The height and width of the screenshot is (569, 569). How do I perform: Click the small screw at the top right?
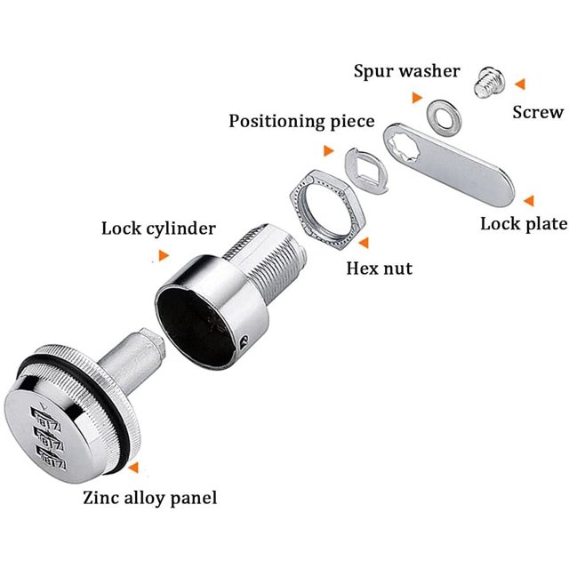pyautogui.click(x=490, y=83)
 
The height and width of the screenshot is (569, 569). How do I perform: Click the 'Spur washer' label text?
pyautogui.click(x=407, y=71)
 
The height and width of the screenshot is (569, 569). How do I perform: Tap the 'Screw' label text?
pyautogui.click(x=538, y=112)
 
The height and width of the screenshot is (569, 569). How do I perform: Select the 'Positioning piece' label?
pyautogui.click(x=301, y=122)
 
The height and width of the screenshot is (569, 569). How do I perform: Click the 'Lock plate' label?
pyautogui.click(x=524, y=224)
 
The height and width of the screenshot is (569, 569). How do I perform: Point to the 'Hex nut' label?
pyautogui.click(x=380, y=268)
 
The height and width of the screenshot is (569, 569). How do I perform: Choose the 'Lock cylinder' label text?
pyautogui.click(x=158, y=228)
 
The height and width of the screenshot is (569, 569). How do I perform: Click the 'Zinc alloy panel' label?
pyautogui.click(x=150, y=498)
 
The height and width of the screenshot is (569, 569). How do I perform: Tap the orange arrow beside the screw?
pyautogui.click(x=519, y=84)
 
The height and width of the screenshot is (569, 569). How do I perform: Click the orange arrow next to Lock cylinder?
pyautogui.click(x=164, y=255)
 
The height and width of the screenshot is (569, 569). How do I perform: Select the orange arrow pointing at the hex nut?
pyautogui.click(x=364, y=243)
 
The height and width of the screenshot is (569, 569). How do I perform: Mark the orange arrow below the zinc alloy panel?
pyautogui.click(x=133, y=468)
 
